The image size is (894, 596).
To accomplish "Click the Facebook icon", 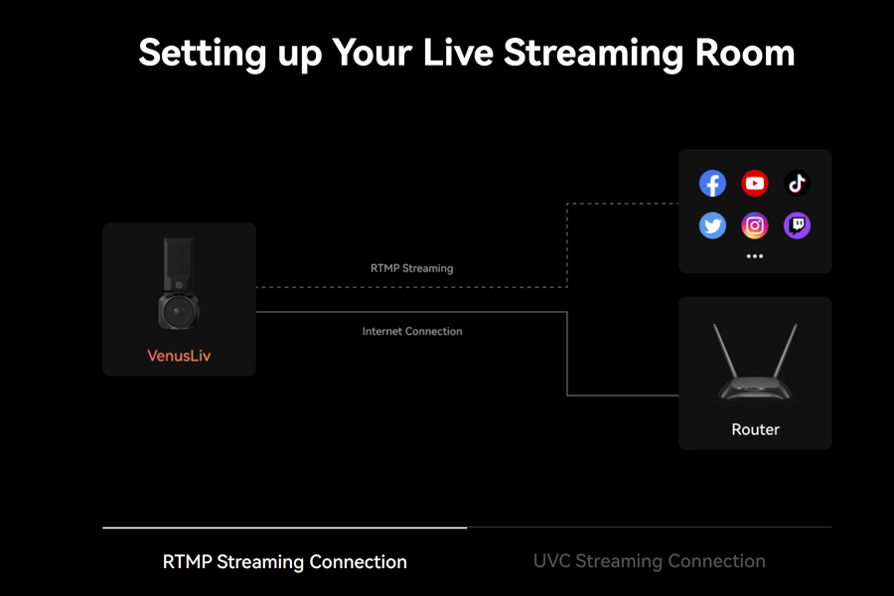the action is [712, 183].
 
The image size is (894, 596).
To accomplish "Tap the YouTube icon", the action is [755, 183].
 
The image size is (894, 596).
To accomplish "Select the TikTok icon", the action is [797, 183].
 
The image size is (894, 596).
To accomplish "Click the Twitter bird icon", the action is [712, 225].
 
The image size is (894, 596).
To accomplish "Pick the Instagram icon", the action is [755, 225].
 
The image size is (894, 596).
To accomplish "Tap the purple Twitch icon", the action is [797, 225].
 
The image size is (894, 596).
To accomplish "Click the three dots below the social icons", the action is [755, 256].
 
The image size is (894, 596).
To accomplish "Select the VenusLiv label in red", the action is [179, 356].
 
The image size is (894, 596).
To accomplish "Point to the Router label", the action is [756, 429].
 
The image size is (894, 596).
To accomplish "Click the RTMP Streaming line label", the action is [411, 268].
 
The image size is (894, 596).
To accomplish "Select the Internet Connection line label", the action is [412, 332].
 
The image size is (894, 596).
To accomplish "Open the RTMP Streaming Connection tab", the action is [284, 562].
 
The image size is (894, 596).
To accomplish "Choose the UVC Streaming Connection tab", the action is [650, 561].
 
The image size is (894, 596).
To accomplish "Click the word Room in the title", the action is [745, 53].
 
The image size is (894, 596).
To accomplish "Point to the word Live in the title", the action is [458, 53].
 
